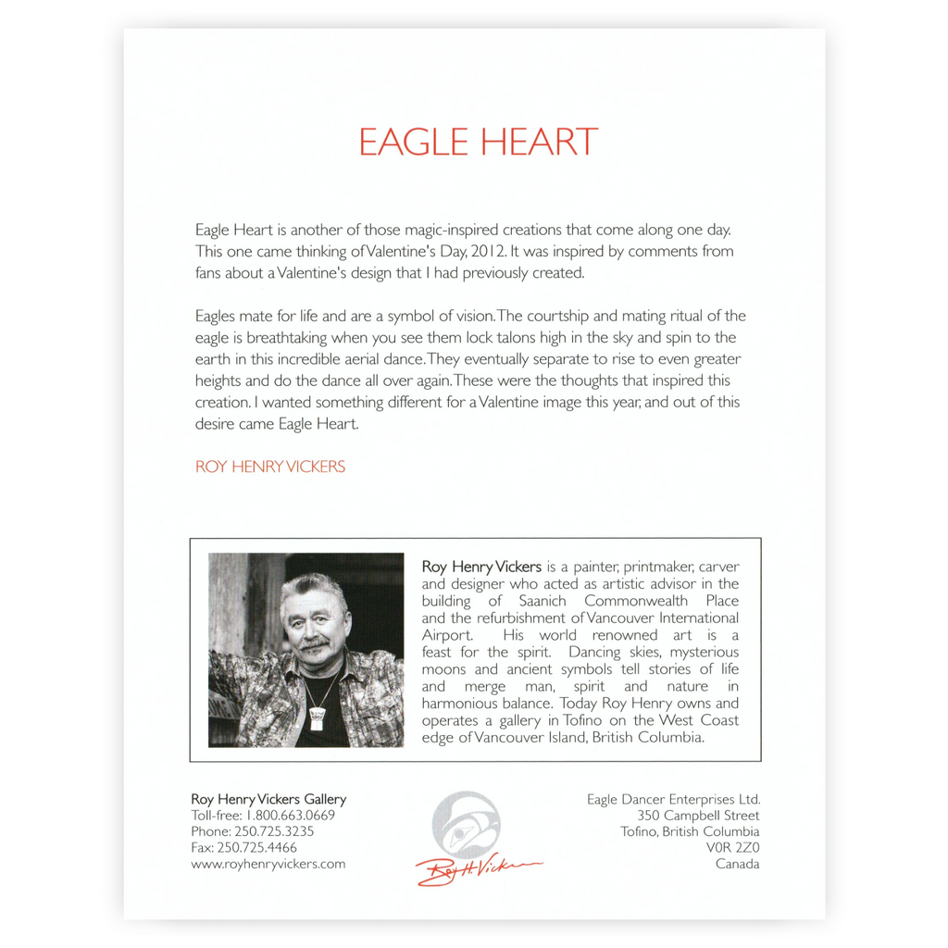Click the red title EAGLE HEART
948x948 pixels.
(478, 142)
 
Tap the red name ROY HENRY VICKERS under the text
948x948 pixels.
(269, 467)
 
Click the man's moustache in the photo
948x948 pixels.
(314, 642)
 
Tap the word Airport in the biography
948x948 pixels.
(447, 635)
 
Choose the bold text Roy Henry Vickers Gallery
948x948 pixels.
(268, 799)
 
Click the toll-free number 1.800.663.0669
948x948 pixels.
(289, 816)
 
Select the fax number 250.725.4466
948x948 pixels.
(268, 847)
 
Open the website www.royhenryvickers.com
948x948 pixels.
(268, 864)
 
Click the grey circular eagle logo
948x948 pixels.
(465, 824)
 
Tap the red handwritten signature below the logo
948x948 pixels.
(477, 869)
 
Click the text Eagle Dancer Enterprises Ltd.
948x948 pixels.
(673, 799)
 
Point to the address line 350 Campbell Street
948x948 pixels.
(698, 816)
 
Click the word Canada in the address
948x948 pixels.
(737, 864)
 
